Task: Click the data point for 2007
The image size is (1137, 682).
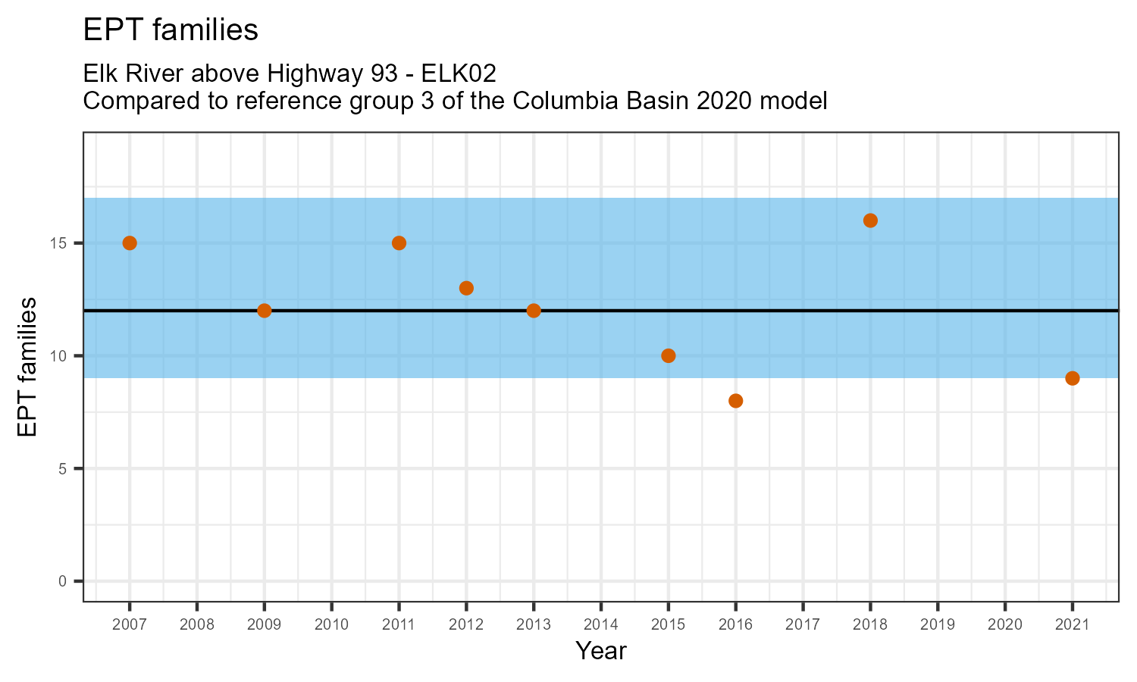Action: tap(130, 243)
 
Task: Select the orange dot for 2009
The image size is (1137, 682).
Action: tap(264, 311)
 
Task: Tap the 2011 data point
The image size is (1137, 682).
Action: tap(399, 243)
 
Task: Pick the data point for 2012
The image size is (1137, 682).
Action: tap(466, 288)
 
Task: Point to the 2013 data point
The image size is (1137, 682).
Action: tap(534, 311)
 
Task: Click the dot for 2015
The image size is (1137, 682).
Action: tap(668, 356)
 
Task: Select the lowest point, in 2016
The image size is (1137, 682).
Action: tap(735, 401)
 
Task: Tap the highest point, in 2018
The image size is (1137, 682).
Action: tap(870, 221)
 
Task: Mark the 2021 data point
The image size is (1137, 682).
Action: tap(1072, 378)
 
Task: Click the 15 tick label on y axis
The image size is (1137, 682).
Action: tap(61, 243)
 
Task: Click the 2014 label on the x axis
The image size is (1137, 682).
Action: tap(600, 625)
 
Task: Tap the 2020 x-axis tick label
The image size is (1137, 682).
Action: tap(1004, 625)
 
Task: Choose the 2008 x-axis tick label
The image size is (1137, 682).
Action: tap(196, 625)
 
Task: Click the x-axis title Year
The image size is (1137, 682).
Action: tap(600, 651)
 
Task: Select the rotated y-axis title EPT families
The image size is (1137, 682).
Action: tap(27, 367)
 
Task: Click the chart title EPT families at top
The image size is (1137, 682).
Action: tap(171, 30)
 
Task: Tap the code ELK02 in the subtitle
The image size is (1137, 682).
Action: tap(459, 74)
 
